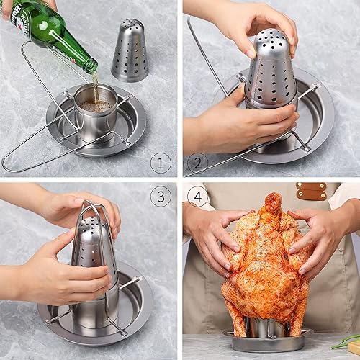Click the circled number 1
click(161, 163)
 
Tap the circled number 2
click(195, 163)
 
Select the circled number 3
click(161, 196)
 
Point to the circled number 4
click(195, 196)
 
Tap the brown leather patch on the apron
click(311, 191)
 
